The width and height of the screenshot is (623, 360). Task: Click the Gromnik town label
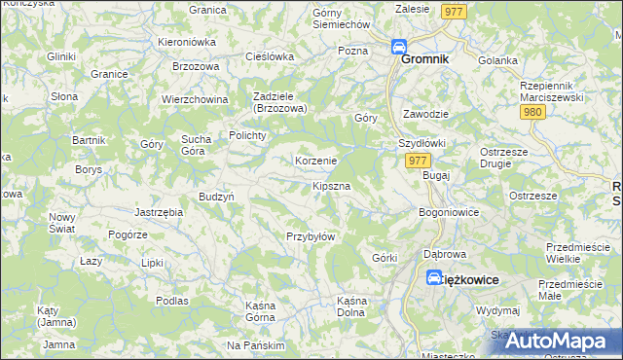point(425,58)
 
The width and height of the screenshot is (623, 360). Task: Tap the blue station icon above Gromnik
point(399,46)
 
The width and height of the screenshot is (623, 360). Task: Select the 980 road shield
point(532,112)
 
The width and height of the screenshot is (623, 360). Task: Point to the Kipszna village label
point(331,184)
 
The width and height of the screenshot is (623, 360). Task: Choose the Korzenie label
point(315,161)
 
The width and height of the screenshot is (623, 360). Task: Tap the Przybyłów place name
point(311,236)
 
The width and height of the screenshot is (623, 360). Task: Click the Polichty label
point(247,135)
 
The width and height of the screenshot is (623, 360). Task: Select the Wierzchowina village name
point(195,99)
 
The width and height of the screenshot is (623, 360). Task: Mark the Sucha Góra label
point(201,145)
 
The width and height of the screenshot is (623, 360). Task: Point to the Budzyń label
point(216,197)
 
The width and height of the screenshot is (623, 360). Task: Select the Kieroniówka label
point(186,43)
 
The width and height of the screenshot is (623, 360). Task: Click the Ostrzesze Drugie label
point(503,158)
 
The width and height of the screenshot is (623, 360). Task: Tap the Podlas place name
point(171,301)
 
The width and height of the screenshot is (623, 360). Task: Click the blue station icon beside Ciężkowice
point(434,278)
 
